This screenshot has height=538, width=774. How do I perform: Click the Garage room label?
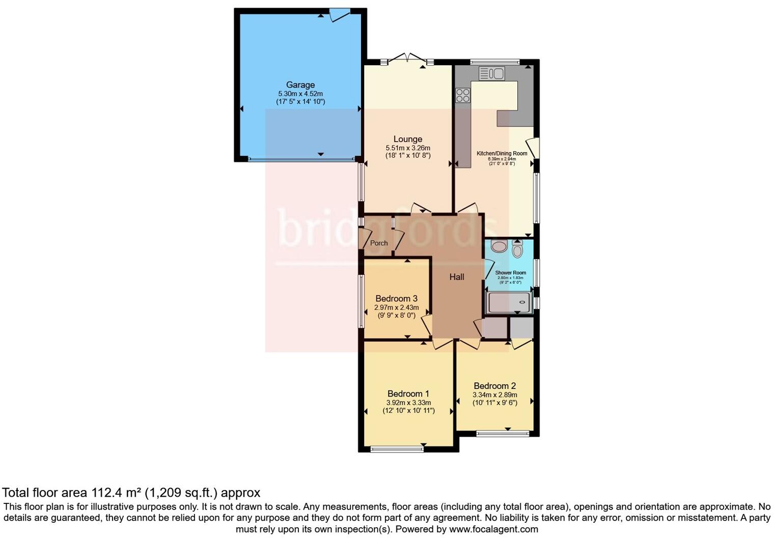[300, 85]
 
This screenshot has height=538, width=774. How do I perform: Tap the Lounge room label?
[407, 139]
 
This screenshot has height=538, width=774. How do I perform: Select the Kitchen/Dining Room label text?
[502, 153]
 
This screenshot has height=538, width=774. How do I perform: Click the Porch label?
[378, 243]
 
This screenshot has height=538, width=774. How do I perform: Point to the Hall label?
[456, 277]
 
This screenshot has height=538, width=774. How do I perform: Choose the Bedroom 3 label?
[396, 298]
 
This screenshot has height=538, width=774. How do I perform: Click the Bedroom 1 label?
[408, 393]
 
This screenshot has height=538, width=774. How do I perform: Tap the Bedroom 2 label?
[494, 386]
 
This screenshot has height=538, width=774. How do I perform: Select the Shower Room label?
[510, 273]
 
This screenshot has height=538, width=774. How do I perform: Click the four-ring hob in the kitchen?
[462, 95]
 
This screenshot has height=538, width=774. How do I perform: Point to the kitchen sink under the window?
[491, 74]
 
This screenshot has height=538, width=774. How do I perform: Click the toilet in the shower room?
[517, 249]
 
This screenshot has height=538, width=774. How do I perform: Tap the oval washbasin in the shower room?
[500, 247]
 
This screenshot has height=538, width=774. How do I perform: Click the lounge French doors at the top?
[407, 59]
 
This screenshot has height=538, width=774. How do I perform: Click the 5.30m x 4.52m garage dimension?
[300, 94]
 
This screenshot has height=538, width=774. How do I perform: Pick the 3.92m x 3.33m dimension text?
[408, 403]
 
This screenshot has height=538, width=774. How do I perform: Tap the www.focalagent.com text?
[493, 529]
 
